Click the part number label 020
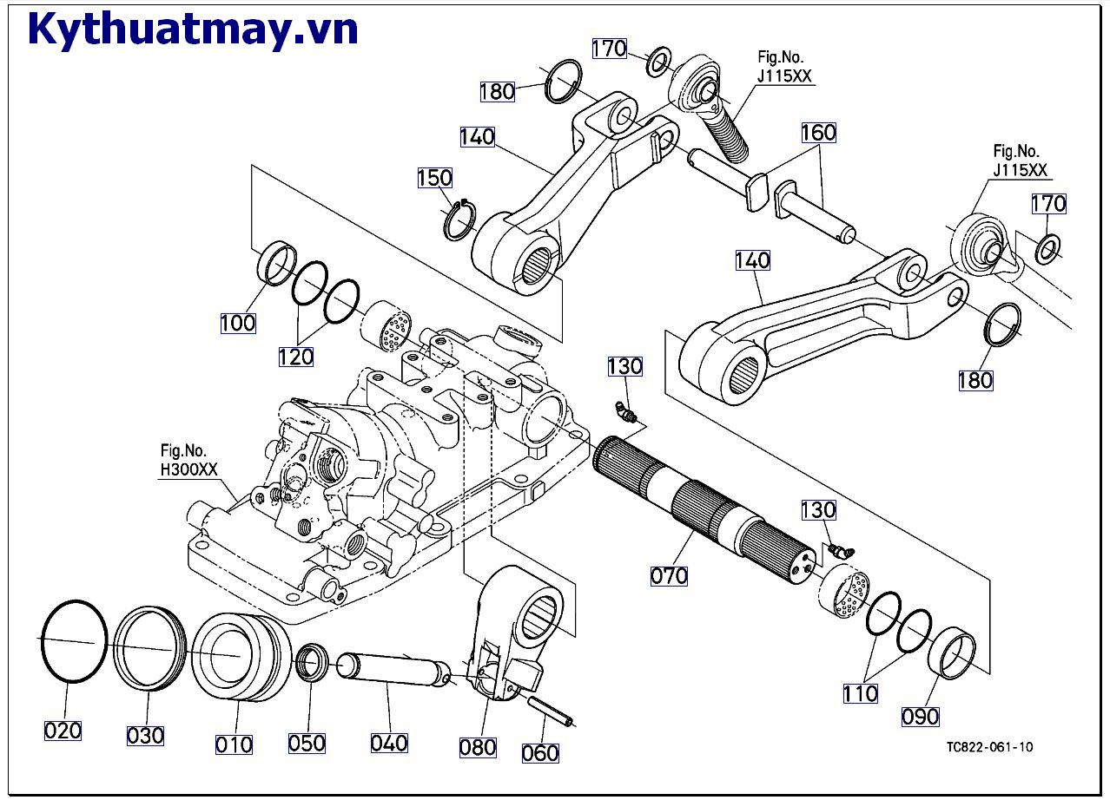point(63,730)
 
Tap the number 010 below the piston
point(234,744)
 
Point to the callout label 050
point(307,743)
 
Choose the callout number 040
point(389,743)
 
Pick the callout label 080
point(478,746)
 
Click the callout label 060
point(540,752)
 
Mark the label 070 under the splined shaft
point(669,574)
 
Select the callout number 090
point(921,716)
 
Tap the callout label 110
point(860,693)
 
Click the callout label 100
point(238,323)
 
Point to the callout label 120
point(295,356)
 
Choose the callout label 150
point(434,178)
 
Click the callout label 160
point(818,133)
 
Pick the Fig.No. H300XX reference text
point(188,461)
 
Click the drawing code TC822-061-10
point(990,746)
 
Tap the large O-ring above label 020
point(73,642)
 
